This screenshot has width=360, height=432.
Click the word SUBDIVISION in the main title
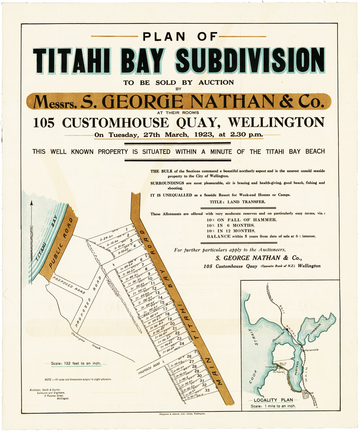[250, 60]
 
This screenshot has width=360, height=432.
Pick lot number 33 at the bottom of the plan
[207, 390]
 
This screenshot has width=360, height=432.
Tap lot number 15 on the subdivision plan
[162, 302]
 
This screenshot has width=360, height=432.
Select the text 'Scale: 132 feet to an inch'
[75, 364]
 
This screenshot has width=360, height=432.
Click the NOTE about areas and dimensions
[78, 379]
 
